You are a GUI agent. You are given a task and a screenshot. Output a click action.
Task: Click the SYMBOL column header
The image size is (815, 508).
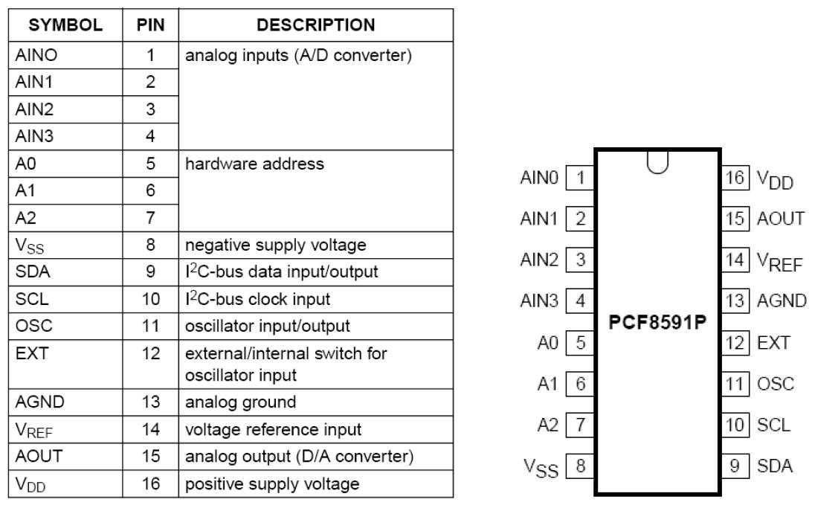[65, 25]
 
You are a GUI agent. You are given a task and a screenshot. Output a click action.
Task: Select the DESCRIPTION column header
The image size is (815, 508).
[315, 25]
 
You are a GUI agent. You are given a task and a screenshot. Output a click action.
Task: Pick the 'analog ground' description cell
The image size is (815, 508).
[240, 402]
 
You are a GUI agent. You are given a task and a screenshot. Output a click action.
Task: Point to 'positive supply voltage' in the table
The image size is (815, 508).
[272, 484]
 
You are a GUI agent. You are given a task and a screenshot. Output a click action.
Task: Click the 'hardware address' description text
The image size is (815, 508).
[254, 164]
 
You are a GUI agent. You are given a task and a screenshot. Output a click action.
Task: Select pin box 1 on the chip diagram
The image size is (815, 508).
[580, 178]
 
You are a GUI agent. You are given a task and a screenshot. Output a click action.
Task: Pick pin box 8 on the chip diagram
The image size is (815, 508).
[580, 467]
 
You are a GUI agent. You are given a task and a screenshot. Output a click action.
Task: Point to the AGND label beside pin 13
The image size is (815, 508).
[782, 301]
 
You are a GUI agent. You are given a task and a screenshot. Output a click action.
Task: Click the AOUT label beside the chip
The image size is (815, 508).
[781, 219]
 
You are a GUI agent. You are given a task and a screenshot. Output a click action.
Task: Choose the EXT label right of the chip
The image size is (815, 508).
[773, 343]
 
